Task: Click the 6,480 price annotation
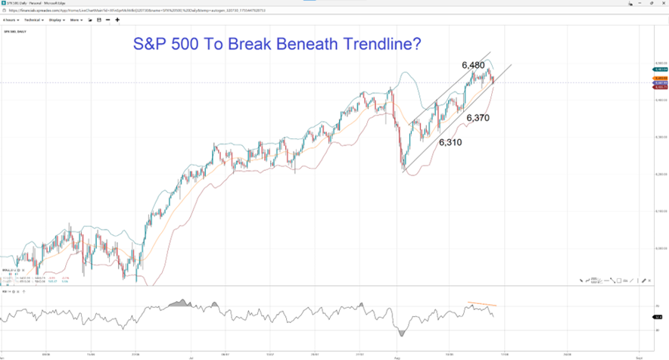(x=477, y=65)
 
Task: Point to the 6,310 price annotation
(x=450, y=141)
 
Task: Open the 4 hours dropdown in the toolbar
(x=11, y=20)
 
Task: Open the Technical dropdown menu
(x=34, y=20)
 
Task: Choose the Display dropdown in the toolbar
(x=57, y=20)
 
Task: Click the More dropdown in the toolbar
(x=76, y=20)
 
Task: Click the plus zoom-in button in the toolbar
(x=117, y=20)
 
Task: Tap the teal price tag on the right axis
(x=658, y=70)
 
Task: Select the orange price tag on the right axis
(x=658, y=78)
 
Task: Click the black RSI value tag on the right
(x=658, y=317)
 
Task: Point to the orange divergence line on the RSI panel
(x=481, y=304)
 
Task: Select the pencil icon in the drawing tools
(x=582, y=280)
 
